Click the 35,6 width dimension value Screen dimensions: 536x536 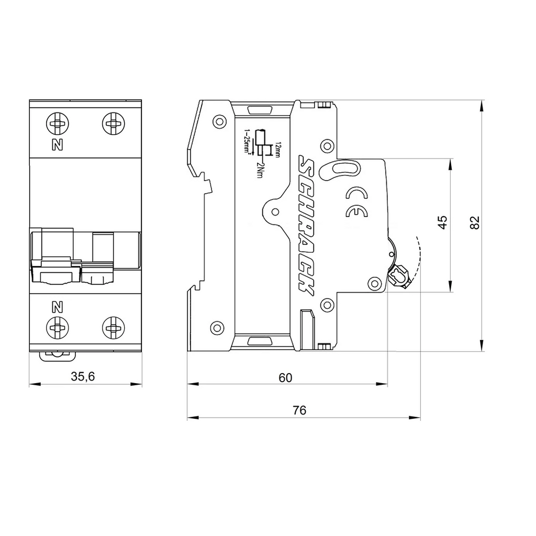coord(83,377)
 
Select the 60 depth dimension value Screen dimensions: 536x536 coord(285,378)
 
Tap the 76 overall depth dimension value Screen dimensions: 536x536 coord(299,410)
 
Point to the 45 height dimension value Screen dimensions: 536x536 coord(442,222)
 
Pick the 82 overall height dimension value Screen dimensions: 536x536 coord(475,222)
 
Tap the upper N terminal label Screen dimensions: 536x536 coord(58,145)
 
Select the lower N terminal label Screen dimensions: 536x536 coord(58,307)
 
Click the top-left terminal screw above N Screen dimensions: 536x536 coord(58,123)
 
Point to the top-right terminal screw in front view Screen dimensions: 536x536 coord(113,123)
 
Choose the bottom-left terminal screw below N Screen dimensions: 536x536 coord(58,328)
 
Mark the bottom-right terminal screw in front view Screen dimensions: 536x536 coord(113,328)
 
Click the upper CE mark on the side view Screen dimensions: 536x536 coord(356,194)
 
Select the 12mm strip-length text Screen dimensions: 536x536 coord(277,149)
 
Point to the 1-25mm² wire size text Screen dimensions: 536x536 coord(247,142)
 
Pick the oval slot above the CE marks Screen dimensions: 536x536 coord(340,170)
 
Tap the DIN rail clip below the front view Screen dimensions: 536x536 coord(57,356)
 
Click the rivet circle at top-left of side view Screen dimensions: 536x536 coord(219,121)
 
